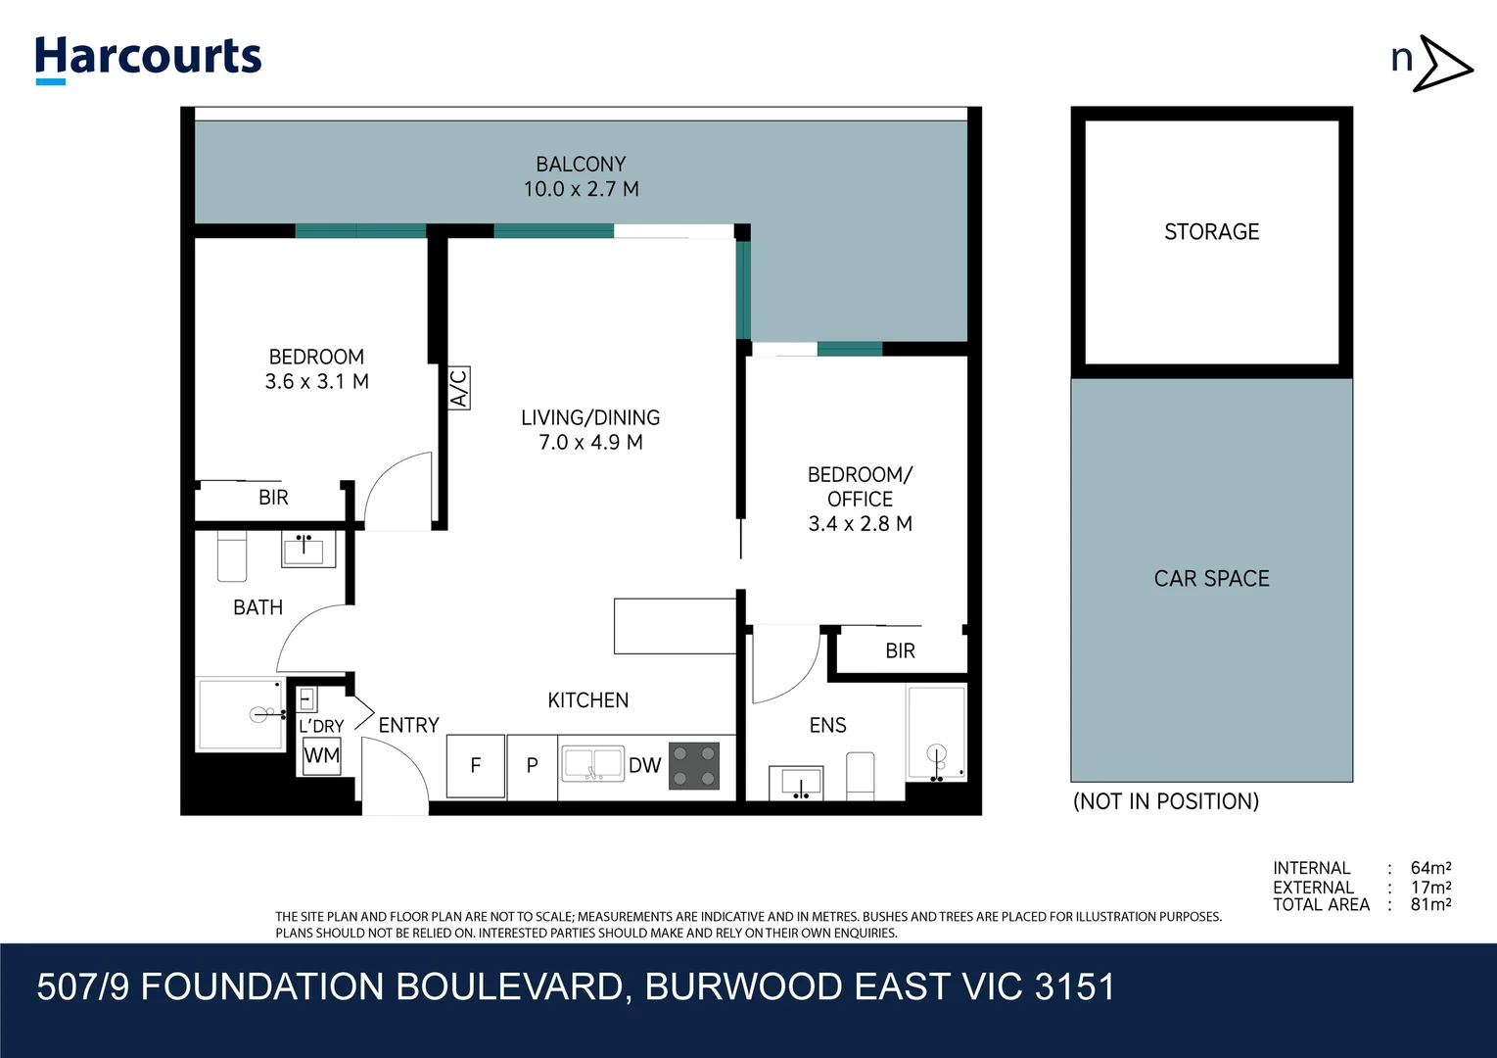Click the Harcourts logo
148,58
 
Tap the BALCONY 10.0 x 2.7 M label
581,177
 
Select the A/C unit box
458,388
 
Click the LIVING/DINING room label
590,429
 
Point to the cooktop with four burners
694,766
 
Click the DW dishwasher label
644,766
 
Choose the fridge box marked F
476,766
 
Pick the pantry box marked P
533,766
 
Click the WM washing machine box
321,756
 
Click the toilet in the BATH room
231,558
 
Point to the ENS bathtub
936,733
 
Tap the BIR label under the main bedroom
273,498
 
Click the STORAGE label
1211,232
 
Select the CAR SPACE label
1211,579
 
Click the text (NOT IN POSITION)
1165,801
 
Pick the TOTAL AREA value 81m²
1430,905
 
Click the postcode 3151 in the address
1074,987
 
